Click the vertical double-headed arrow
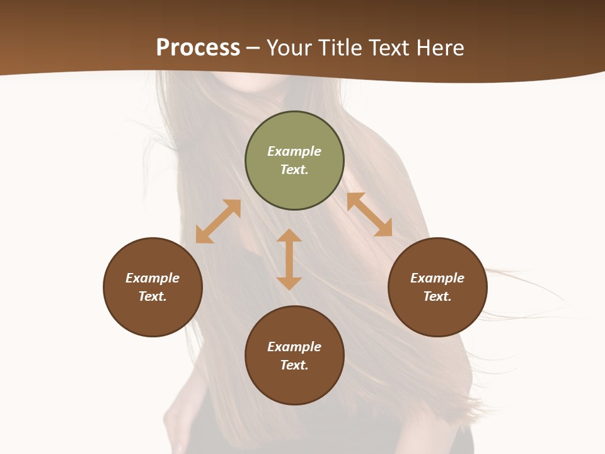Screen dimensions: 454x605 tap(289, 259)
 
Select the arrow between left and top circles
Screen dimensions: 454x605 tap(218, 221)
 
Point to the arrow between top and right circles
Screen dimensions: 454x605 tap(369, 214)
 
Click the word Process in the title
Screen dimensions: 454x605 tap(198, 47)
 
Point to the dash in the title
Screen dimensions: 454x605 tap(253, 48)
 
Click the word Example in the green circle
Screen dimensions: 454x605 tap(294, 151)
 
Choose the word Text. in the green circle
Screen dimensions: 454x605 tap(294, 170)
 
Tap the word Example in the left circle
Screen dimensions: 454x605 tap(153, 278)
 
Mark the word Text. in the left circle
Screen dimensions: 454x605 tap(153, 296)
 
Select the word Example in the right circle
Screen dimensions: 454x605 tap(437, 278)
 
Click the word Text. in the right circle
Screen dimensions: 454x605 tap(437, 296)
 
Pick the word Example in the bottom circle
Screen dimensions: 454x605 tap(294, 347)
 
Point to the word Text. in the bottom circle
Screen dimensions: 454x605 tap(294, 365)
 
